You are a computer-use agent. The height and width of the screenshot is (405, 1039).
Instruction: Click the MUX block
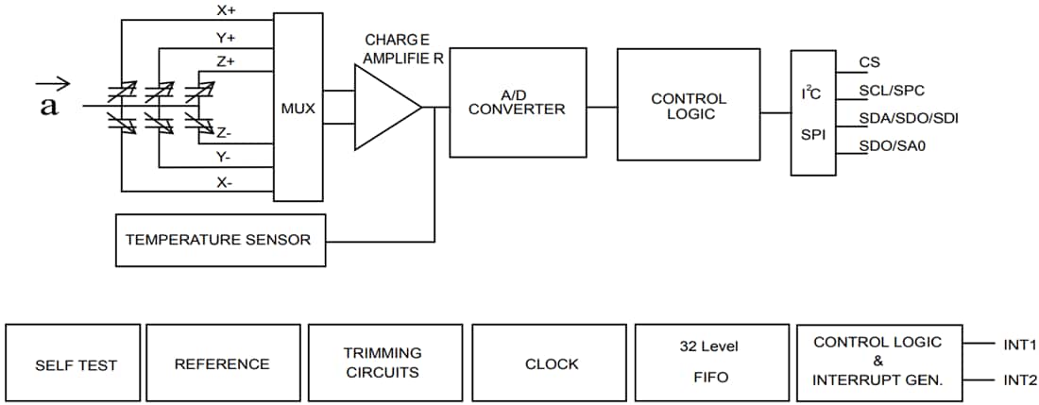pos(298,108)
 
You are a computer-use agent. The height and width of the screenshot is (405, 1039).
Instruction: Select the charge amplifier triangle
pos(383,108)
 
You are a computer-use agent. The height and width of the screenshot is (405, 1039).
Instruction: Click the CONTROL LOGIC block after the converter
pos(689,106)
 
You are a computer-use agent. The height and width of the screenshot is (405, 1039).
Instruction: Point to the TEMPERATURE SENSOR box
pos(218,240)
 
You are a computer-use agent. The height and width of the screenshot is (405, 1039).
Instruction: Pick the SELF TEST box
pos(73,364)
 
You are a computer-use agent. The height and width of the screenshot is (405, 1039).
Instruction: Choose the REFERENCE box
pos(222,364)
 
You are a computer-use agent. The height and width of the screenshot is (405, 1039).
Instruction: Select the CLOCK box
pos(551,364)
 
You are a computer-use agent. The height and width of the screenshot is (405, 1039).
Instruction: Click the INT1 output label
pos(1019,346)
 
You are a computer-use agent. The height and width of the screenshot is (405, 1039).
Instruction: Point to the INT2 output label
pos(1019,381)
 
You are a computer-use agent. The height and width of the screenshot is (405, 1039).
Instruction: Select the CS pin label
pos(870,62)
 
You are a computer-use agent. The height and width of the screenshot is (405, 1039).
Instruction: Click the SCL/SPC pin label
pos(892,91)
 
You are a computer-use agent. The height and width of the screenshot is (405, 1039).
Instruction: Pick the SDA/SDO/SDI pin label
pos(902,118)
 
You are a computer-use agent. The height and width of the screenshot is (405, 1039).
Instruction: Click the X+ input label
pos(227,10)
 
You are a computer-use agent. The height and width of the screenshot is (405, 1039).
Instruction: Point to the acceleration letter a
pos(49,108)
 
